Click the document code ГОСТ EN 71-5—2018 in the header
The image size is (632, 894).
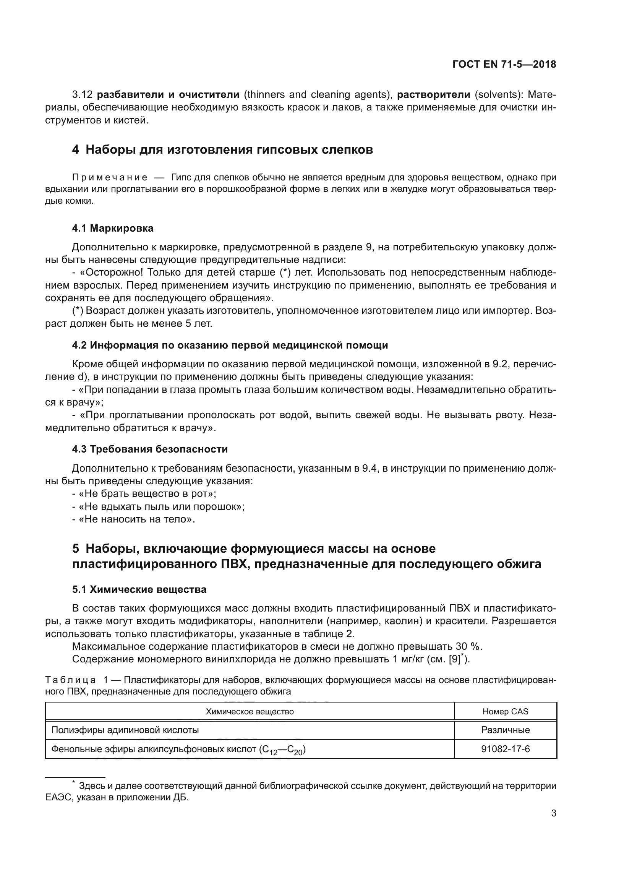504,65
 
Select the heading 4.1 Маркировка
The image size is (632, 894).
112,229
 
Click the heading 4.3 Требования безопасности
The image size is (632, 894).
150,449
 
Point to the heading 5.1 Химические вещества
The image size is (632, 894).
139,589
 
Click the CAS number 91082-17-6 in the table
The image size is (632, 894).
505,749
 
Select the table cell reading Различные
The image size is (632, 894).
505,730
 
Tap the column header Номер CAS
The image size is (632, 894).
505,712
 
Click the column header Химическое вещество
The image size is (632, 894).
250,712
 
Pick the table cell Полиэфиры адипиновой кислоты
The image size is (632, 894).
125,730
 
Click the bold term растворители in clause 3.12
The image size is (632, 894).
434,95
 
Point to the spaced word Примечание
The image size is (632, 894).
110,178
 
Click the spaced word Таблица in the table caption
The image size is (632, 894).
70,680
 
